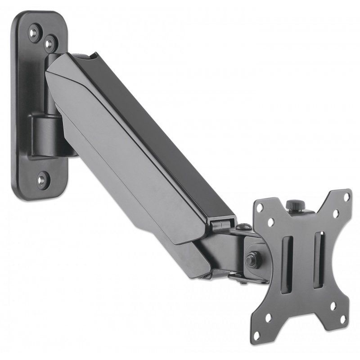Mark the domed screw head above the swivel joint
click(x=243, y=228)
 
